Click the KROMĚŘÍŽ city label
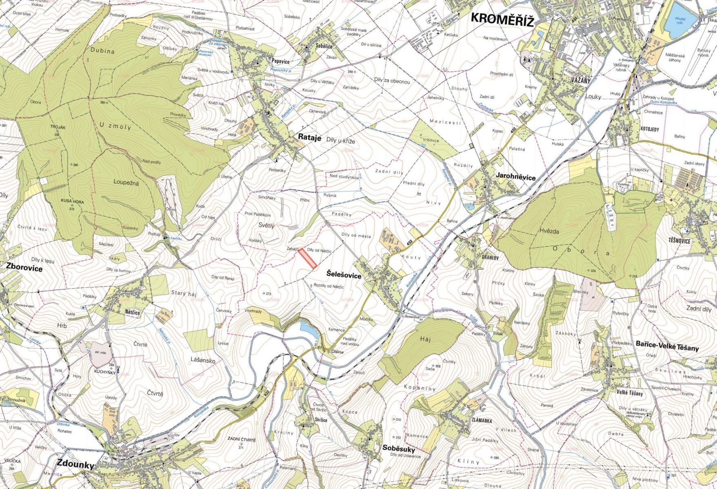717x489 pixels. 502,20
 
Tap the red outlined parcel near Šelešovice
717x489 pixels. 308,259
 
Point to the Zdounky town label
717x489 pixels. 75,464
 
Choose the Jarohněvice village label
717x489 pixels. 515,177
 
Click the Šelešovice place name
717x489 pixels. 344,276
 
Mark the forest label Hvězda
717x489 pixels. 549,231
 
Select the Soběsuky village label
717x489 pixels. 399,449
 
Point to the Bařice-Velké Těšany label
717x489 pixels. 667,348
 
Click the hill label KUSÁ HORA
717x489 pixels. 72,201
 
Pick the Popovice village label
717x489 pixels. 280,62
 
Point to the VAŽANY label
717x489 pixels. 581,81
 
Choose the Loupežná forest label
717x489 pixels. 126,183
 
